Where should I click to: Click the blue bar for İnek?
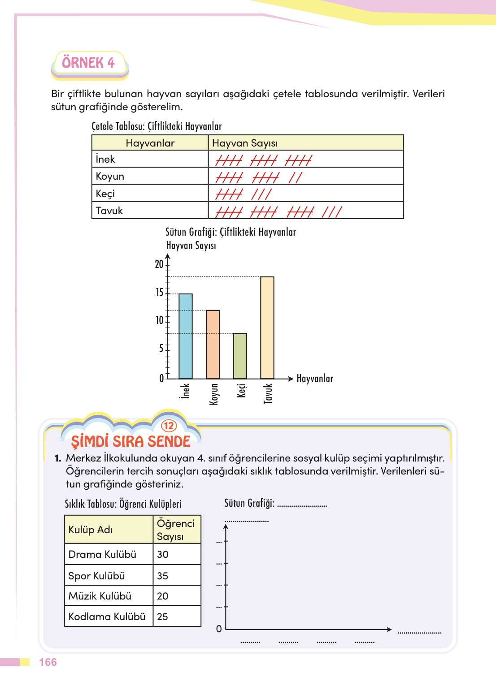click(186, 336)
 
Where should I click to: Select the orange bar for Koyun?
click(213, 344)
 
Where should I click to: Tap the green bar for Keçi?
click(240, 356)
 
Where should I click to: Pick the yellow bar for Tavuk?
click(267, 328)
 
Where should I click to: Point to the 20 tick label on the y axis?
click(159, 264)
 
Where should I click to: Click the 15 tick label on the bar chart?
click(159, 293)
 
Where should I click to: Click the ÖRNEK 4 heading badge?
click(89, 63)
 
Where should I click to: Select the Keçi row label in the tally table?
click(105, 194)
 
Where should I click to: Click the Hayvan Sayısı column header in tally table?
click(245, 143)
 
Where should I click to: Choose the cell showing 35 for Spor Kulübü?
click(163, 576)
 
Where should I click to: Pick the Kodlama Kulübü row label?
click(107, 617)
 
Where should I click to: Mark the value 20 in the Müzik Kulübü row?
click(163, 596)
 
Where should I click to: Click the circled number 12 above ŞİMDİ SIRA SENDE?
click(169, 426)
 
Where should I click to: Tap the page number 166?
click(48, 662)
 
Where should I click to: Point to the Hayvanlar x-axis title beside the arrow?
click(315, 379)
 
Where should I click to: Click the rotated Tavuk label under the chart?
click(268, 393)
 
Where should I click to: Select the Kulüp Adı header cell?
click(91, 530)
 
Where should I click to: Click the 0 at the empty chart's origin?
click(219, 629)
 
